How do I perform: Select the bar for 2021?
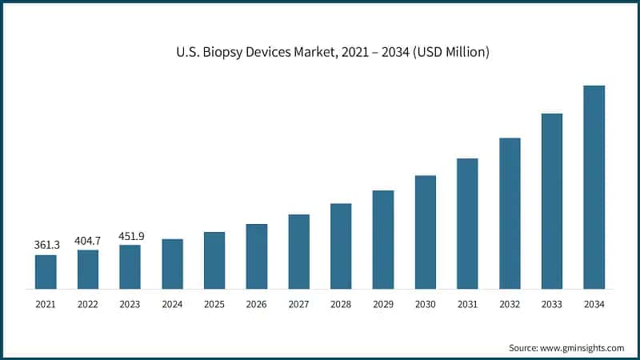tap(46, 272)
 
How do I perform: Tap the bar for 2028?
tap(341, 246)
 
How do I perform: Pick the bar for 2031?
tap(467, 223)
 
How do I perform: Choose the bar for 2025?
tap(214, 260)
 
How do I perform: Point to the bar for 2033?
tap(552, 201)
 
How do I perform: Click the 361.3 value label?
tap(46, 245)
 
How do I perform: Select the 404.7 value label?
tap(88, 240)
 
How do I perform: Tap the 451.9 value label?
tap(130, 235)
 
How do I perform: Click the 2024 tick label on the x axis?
tap(172, 304)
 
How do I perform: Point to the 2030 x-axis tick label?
tap(425, 304)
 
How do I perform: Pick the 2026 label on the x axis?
tap(256, 304)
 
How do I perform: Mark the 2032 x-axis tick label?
tap(510, 304)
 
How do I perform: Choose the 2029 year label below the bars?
tap(383, 304)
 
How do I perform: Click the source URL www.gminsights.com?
tap(581, 348)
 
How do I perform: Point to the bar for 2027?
tap(298, 251)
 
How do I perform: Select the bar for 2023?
tap(130, 266)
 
